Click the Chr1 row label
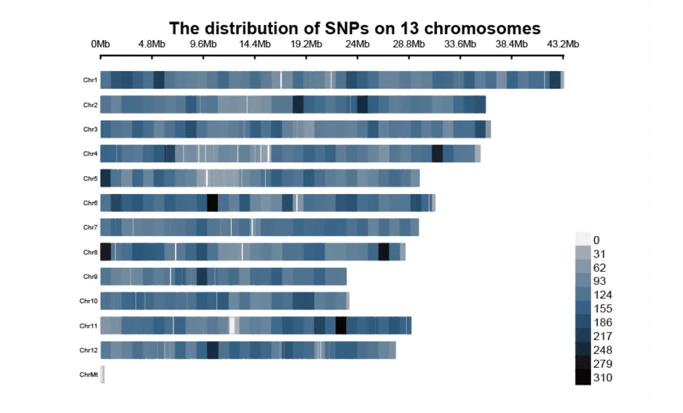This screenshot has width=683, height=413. coord(90,80)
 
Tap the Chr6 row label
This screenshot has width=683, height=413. coord(90,203)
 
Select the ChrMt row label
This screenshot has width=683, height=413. coord(88,375)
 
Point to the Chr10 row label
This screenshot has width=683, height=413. coord(88,300)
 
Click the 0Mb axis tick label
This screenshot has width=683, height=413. coord(100,44)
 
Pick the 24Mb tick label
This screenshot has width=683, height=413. coord(357,44)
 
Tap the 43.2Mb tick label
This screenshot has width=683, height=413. coord(563,44)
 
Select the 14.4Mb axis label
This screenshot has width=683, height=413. coord(254,44)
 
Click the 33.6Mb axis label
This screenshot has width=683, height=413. coord(460,44)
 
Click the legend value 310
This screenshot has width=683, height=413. coord(602,377)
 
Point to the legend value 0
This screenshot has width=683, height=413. coord(596,241)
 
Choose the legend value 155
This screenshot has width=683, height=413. coord(602,309)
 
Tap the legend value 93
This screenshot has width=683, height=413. coord(599,281)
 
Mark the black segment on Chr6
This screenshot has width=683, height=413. coord(212,203)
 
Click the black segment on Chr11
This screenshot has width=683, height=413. coord(341,326)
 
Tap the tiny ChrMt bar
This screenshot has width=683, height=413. coord(102,375)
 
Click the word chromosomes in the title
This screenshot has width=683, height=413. coord(482,28)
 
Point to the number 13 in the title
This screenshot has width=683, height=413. coord(407,28)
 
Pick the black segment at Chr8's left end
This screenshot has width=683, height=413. coord(105,252)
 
